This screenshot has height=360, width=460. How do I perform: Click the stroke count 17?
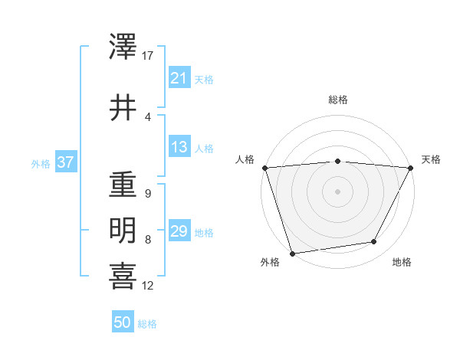148,56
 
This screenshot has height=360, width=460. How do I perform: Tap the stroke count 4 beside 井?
147,116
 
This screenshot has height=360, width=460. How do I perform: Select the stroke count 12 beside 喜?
148,286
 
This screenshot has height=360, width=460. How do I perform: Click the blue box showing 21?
179,78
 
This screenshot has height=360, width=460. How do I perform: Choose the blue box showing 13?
179,147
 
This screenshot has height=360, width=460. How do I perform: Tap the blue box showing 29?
179,231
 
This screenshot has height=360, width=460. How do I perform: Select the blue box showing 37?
65,162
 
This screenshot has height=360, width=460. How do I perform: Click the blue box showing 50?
122,322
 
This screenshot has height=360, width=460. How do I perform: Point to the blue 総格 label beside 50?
147,324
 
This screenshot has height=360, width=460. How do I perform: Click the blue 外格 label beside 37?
40,163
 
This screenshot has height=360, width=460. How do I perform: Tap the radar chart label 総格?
337,100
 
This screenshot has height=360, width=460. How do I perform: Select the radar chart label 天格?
431,159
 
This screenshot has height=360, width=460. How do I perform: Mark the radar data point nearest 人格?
264,167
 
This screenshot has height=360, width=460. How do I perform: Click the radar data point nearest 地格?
374,242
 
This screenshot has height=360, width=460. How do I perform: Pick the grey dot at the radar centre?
337,191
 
